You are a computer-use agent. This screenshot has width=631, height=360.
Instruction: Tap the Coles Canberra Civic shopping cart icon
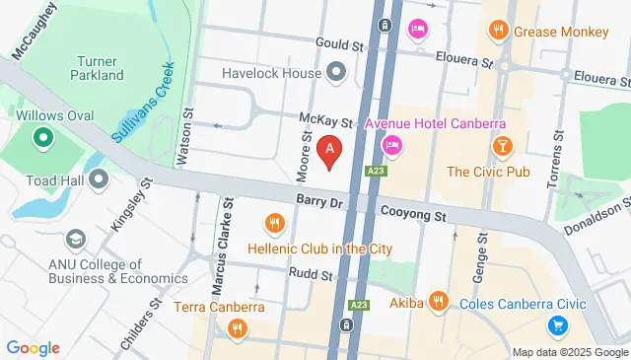click(x=557, y=324)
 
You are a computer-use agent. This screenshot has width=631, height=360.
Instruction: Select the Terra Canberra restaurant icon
click(x=235, y=329)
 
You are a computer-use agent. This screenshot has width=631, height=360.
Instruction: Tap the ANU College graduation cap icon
click(x=75, y=240)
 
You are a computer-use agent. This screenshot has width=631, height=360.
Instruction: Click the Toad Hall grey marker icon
click(x=99, y=179)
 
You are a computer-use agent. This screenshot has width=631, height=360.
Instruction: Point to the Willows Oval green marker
click(x=42, y=139)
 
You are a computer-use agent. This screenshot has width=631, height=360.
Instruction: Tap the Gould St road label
click(x=340, y=43)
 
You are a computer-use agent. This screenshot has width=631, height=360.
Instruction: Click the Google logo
click(x=34, y=347)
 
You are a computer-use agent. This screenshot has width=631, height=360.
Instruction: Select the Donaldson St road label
click(x=597, y=219)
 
